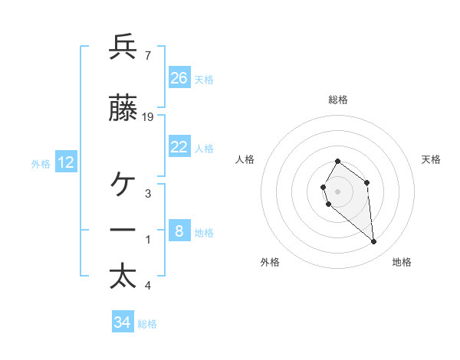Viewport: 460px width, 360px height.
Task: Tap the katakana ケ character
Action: click(x=123, y=185)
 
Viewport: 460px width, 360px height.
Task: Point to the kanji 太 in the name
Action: click(x=123, y=277)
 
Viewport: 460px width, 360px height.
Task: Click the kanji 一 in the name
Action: click(x=123, y=231)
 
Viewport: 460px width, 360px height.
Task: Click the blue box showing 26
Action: click(x=179, y=78)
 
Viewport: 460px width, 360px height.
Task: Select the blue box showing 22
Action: click(x=179, y=147)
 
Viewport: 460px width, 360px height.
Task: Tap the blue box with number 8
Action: click(x=179, y=231)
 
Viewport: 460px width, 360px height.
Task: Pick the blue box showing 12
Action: click(x=66, y=162)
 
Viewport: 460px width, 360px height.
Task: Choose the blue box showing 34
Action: click(x=123, y=322)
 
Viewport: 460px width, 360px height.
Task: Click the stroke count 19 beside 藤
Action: click(x=148, y=117)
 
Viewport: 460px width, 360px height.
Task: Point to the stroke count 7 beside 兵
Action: click(x=147, y=55)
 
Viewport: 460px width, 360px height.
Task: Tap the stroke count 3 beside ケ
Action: click(x=148, y=193)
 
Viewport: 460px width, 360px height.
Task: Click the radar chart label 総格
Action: click(x=338, y=100)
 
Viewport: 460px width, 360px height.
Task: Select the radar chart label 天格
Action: click(x=432, y=159)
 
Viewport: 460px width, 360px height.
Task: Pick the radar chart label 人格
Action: click(x=245, y=159)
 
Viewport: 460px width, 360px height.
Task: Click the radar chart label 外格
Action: click(x=270, y=262)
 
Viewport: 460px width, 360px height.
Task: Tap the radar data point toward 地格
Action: click(x=374, y=242)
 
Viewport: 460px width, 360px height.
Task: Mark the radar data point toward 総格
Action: click(x=337, y=162)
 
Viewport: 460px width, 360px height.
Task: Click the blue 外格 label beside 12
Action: click(x=41, y=163)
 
